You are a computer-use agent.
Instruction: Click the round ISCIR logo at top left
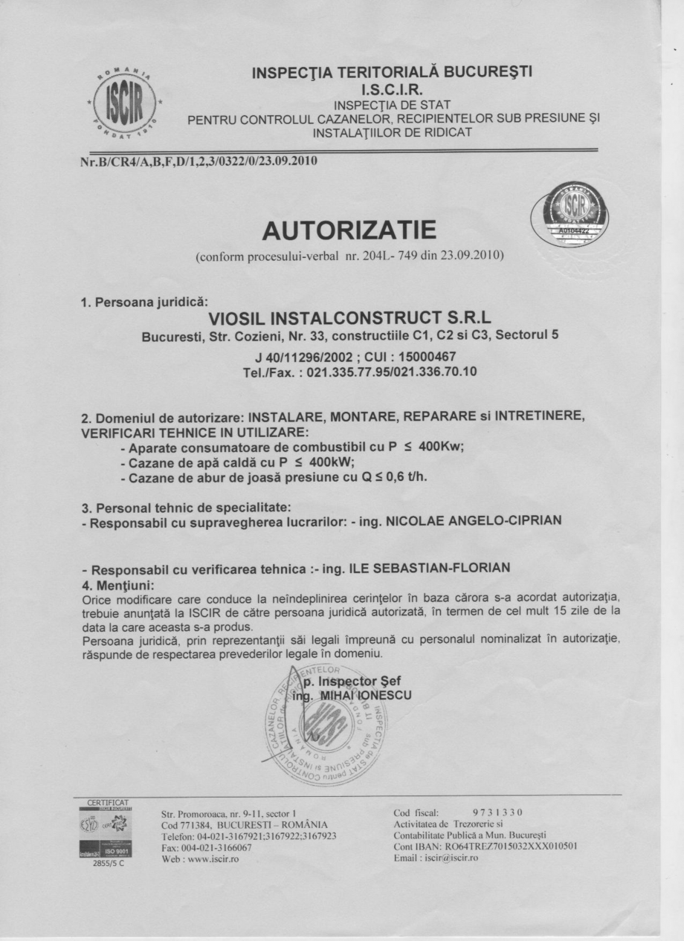coord(126,103)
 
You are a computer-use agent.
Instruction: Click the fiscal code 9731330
coord(498,812)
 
